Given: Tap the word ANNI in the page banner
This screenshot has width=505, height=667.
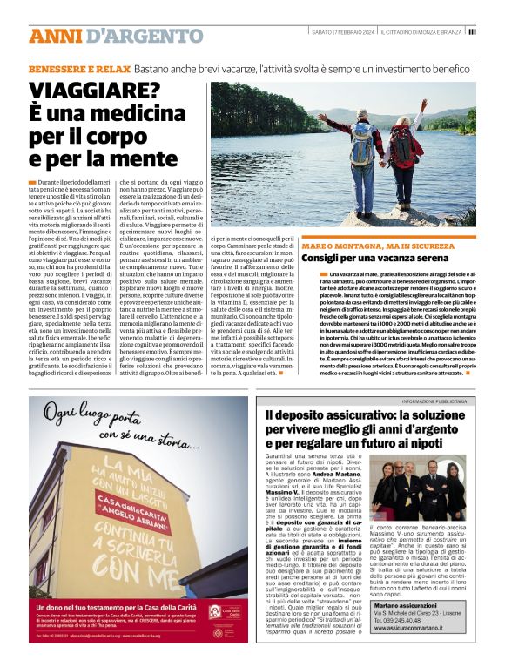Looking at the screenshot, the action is click(x=57, y=36).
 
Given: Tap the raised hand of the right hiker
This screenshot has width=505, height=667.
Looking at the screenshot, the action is click(x=425, y=104).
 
